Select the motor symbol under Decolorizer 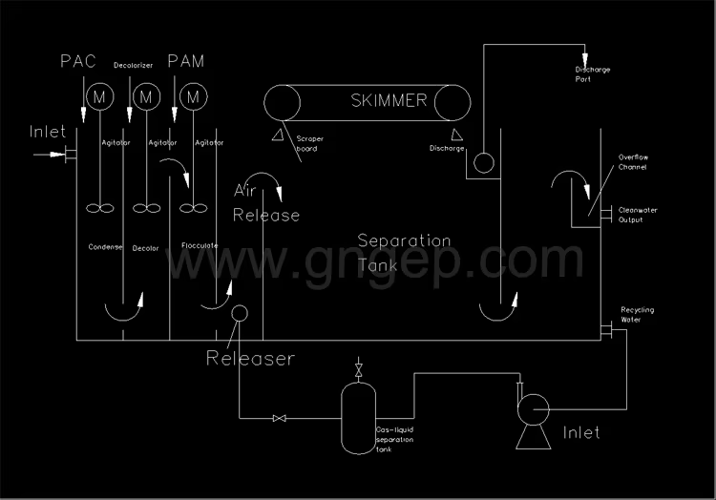click(x=146, y=96)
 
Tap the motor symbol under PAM click(x=194, y=96)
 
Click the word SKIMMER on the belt click(x=389, y=100)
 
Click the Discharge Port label click(x=593, y=74)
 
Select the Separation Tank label click(x=404, y=249)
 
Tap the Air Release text click(x=266, y=203)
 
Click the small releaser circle click(x=239, y=313)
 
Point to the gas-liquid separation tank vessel click(x=358, y=416)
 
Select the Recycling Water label click(x=638, y=315)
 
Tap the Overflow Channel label click(x=632, y=162)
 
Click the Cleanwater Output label click(x=638, y=215)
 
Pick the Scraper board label click(x=310, y=144)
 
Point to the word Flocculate click(x=200, y=247)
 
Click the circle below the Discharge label click(x=484, y=163)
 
